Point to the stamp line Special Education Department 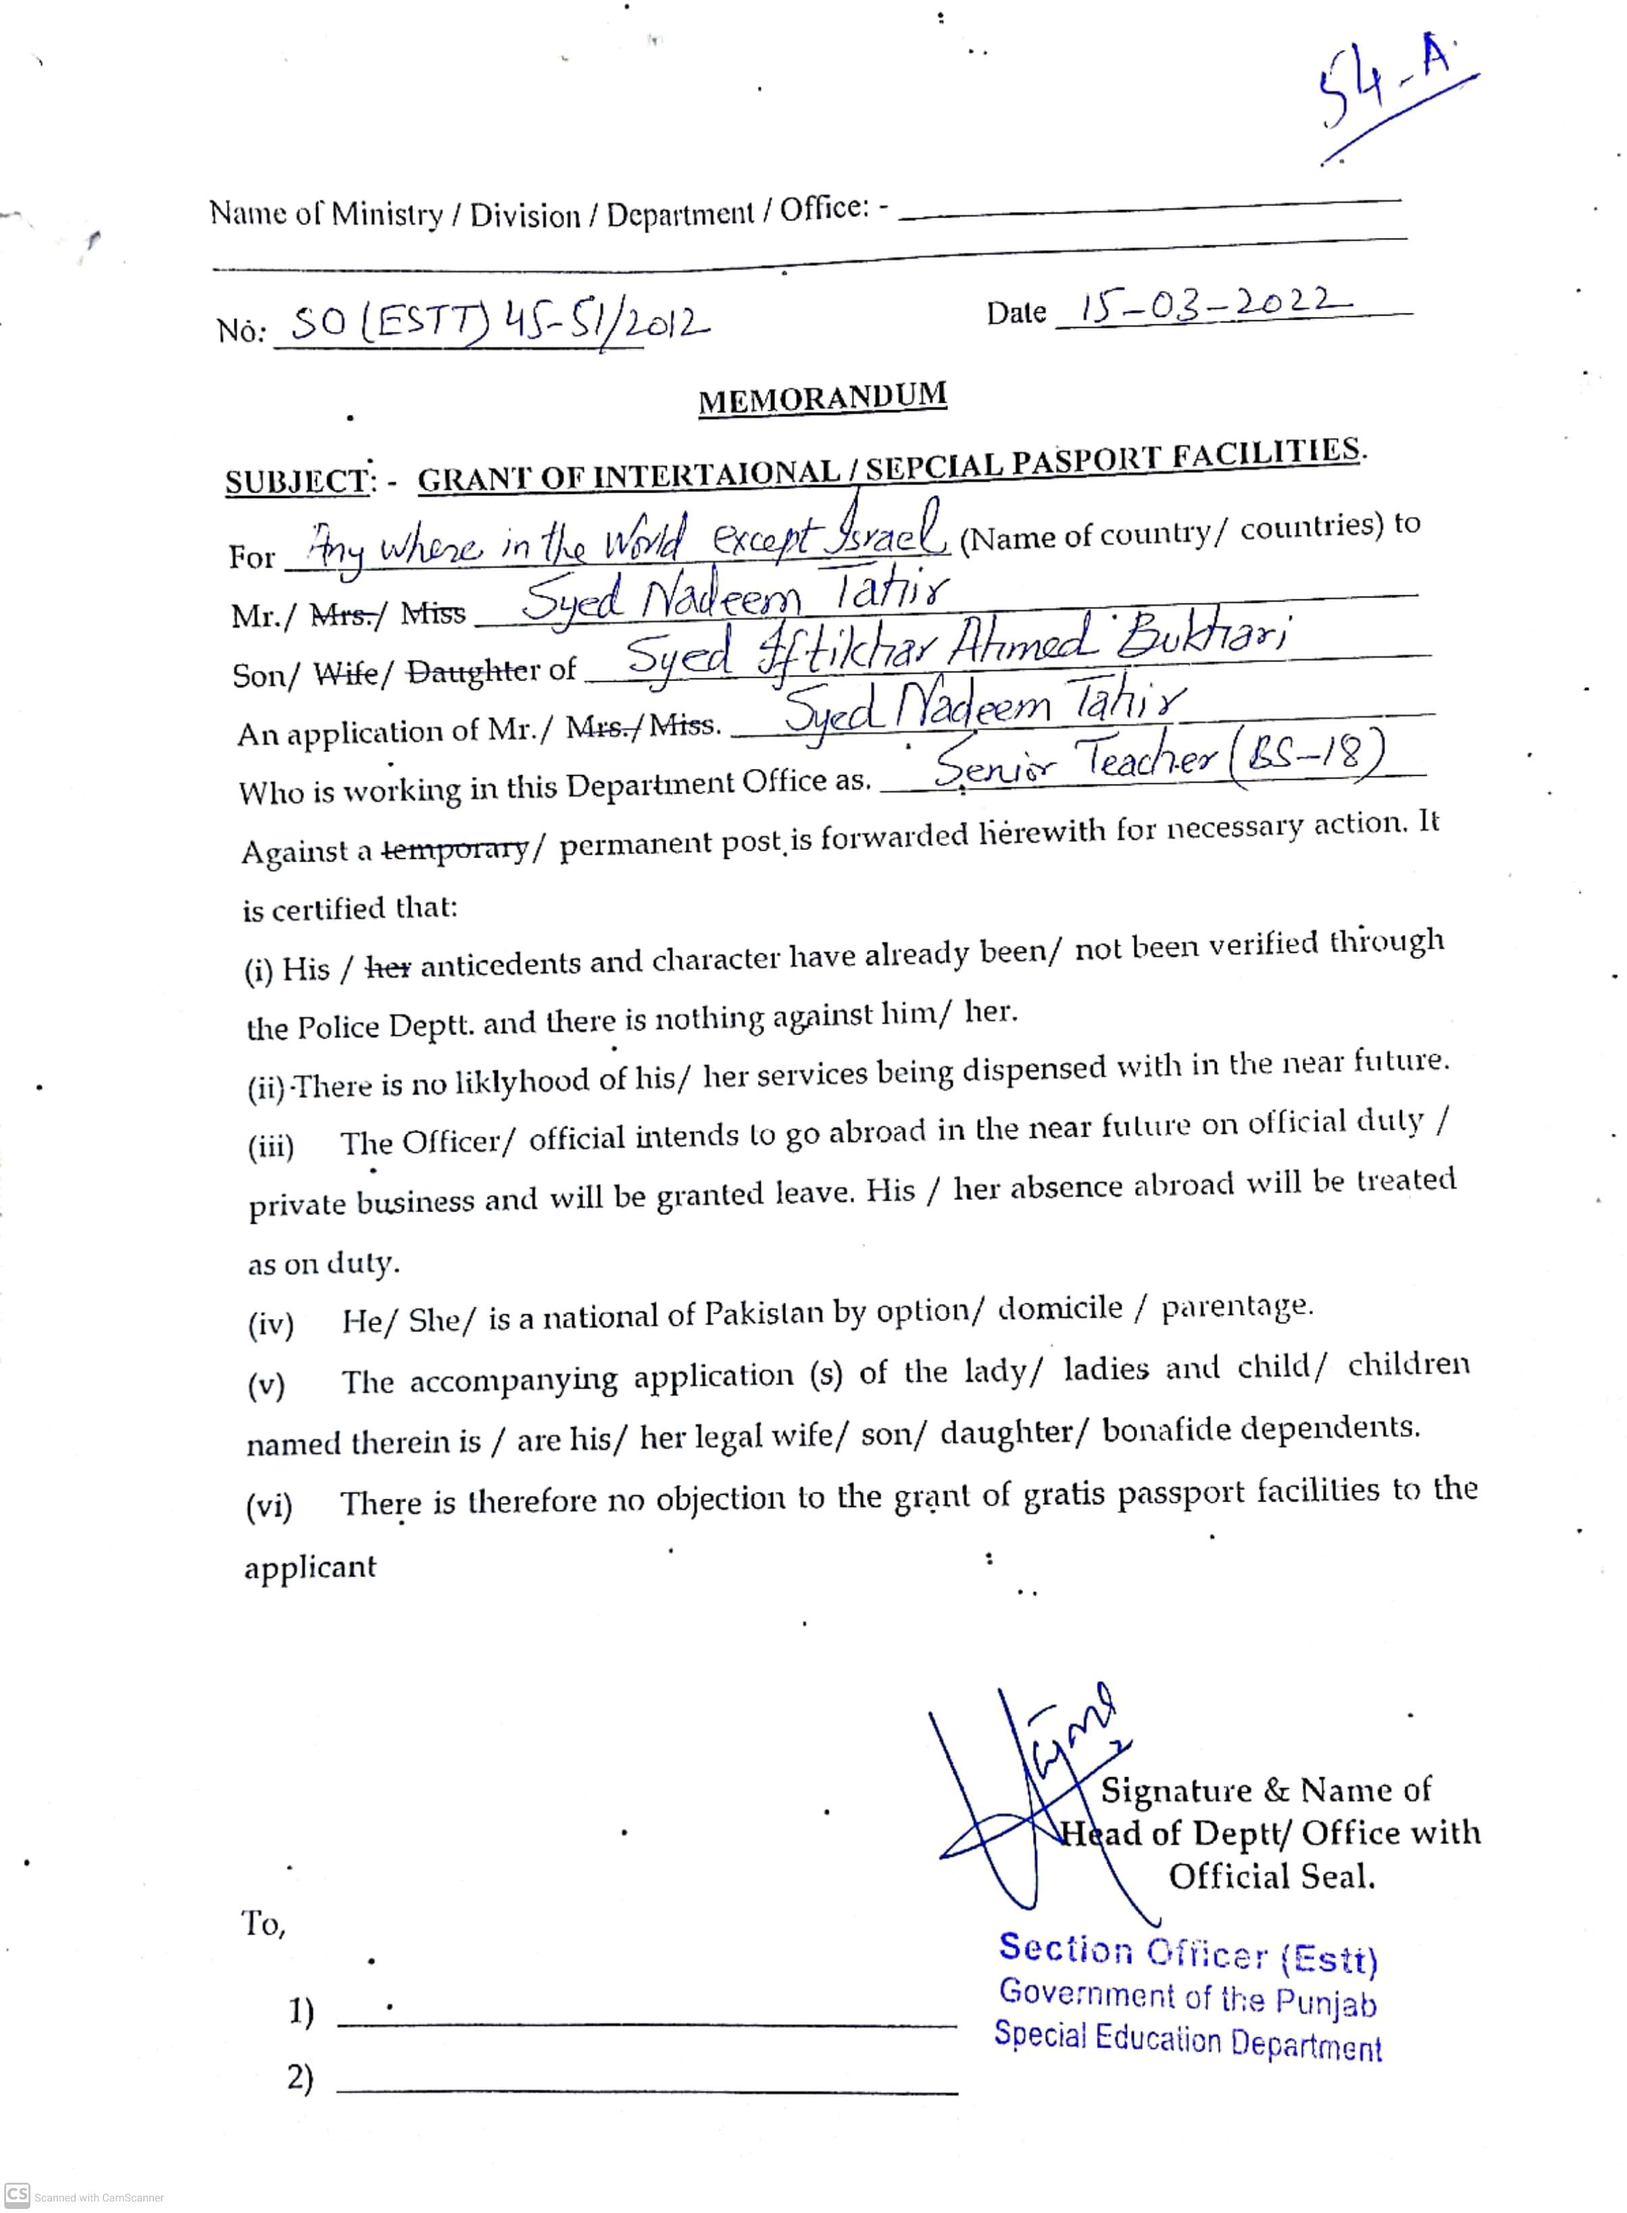click(x=1186, y=2039)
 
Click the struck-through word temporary click(x=455, y=848)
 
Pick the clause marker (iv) click(x=271, y=1324)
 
